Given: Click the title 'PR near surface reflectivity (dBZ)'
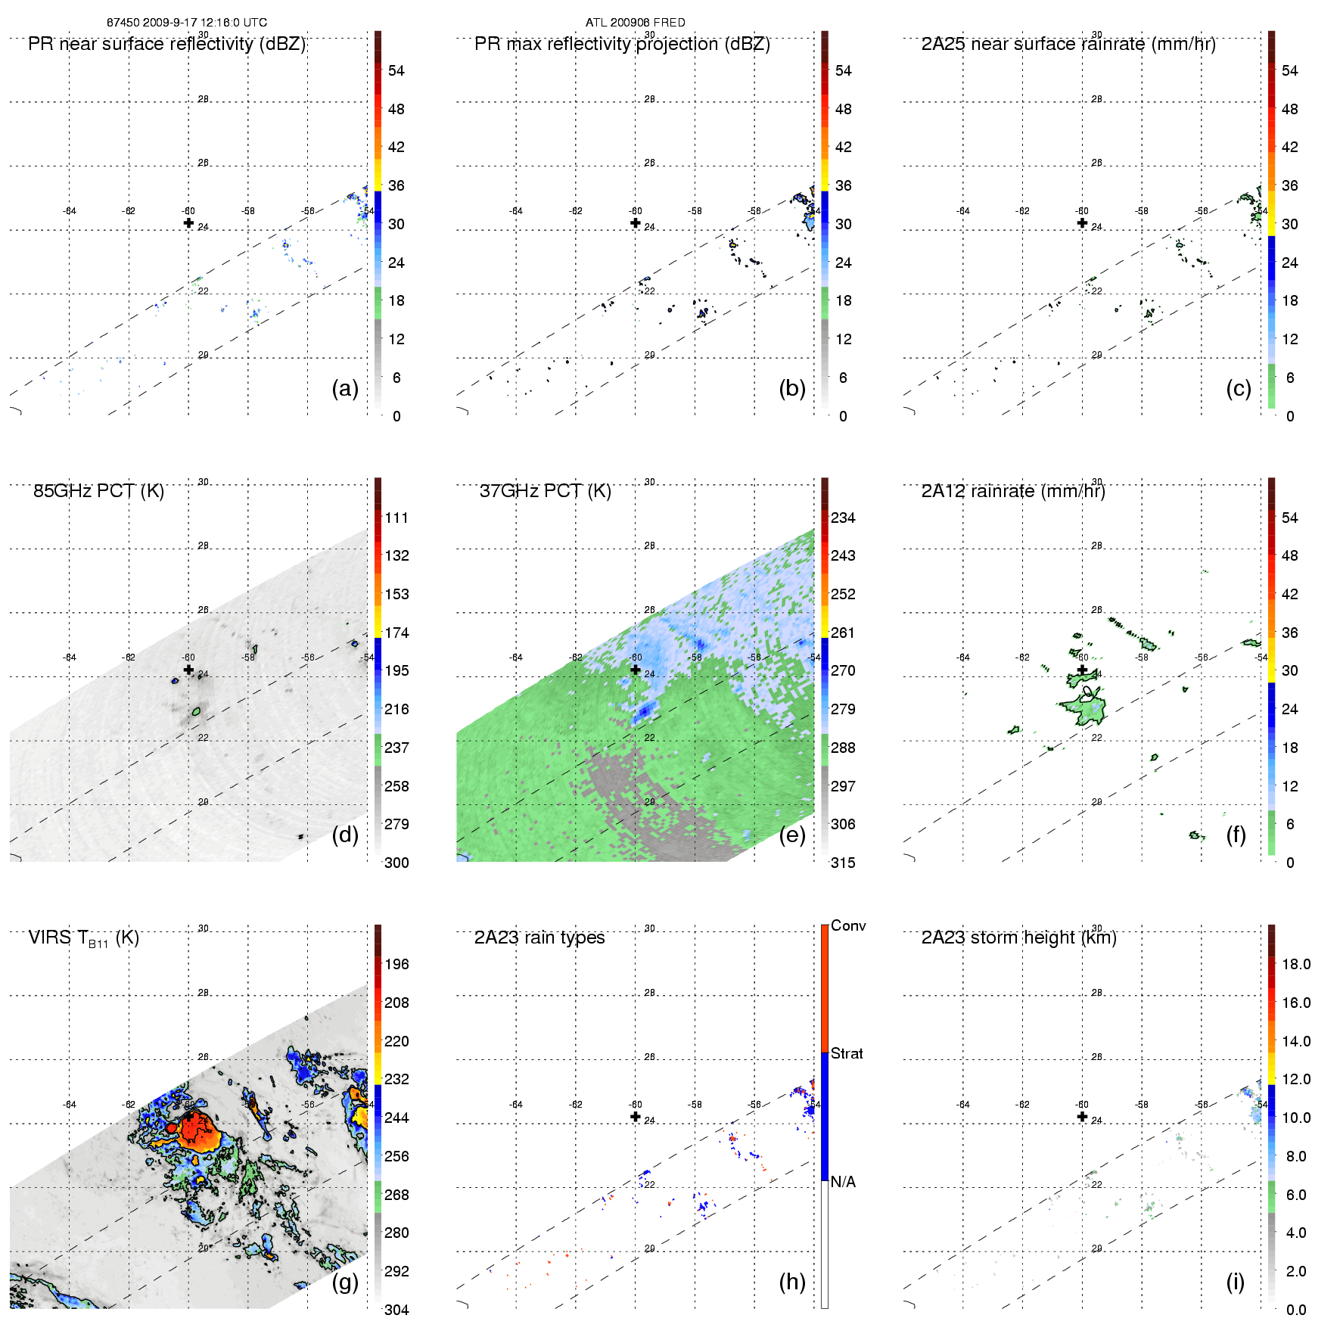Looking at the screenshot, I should point(166,44).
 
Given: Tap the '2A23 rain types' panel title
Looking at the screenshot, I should point(539,937).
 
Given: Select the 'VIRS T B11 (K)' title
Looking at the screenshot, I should point(83,938).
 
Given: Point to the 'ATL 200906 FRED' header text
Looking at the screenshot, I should point(635,23).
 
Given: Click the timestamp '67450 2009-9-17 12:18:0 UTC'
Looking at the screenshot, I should point(186,23).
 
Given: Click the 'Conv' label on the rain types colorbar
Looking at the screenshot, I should point(847,925).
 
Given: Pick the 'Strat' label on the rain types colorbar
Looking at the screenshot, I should point(846,1053).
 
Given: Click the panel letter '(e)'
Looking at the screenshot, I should point(791,835).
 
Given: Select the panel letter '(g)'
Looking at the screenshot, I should point(345,1281).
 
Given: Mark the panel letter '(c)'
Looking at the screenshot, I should point(1238,388).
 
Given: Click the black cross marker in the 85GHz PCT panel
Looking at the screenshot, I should point(188,670).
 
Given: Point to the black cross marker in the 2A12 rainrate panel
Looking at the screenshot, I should point(1082,670).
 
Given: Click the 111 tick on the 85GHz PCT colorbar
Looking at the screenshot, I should point(396,518).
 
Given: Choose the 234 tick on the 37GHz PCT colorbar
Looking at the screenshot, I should point(842,518).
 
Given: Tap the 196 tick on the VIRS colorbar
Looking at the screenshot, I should point(396,964).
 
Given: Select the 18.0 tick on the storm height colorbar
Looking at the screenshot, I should point(1295,964).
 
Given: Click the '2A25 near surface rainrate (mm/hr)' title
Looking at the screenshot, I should point(1068,44).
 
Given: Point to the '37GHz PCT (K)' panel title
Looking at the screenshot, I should point(545,491).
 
